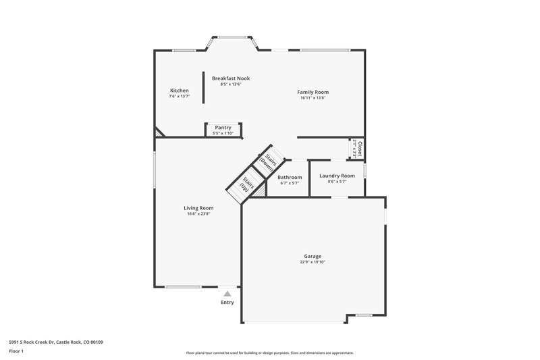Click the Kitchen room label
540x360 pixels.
[179, 91]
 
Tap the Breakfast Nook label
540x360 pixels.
[231, 78]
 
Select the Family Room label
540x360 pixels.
[313, 92]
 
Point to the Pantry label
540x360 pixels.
[223, 128]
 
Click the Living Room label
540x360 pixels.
[198, 208]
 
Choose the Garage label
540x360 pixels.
[312, 256]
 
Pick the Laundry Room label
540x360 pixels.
[337, 176]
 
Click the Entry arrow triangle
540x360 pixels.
[227, 294]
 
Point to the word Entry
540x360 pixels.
[227, 302]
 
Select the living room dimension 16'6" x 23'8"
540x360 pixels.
[198, 214]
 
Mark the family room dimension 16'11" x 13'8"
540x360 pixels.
[313, 98]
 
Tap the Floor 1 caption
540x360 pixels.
[16, 352]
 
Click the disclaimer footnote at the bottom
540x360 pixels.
[269, 353]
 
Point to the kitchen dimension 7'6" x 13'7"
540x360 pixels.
[179, 97]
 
